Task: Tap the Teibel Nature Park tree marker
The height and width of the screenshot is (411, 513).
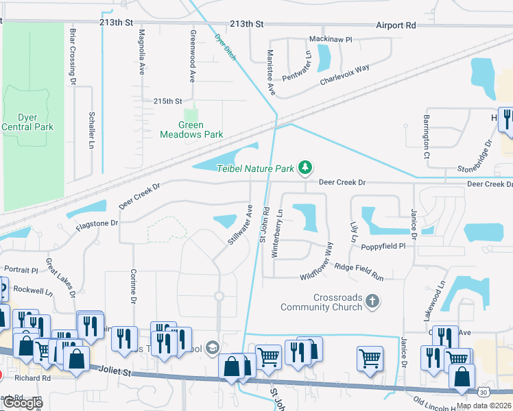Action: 306,167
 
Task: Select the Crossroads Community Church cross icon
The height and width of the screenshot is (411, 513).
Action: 372,301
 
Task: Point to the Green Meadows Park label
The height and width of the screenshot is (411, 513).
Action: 191,129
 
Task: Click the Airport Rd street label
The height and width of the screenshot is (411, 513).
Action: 396,25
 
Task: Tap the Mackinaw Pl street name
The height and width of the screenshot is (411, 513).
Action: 330,40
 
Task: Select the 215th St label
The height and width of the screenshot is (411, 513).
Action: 168,101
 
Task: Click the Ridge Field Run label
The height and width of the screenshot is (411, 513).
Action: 359,271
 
